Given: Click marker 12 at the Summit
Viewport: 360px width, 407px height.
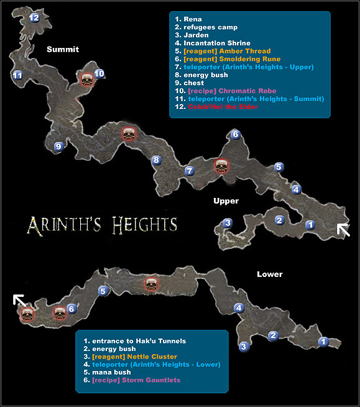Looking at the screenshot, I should click(34, 18).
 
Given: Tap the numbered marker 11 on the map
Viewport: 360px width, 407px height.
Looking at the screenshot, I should click(17, 75).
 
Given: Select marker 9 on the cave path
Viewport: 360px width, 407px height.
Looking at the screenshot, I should click(58, 147).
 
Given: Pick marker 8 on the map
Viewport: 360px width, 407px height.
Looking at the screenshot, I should click(156, 161).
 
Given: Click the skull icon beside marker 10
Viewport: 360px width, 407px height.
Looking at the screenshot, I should click(87, 78).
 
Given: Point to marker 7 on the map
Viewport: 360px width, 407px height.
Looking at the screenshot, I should click(189, 171).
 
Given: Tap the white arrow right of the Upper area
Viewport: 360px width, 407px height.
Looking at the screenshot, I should click(343, 230).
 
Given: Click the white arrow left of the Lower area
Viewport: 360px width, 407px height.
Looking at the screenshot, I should click(21, 302).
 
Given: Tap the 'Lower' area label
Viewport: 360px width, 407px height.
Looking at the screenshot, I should click(269, 274).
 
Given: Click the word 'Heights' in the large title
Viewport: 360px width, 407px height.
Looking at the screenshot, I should click(144, 224).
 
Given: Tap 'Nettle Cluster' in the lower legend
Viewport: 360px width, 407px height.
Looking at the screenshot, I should click(146, 357).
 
